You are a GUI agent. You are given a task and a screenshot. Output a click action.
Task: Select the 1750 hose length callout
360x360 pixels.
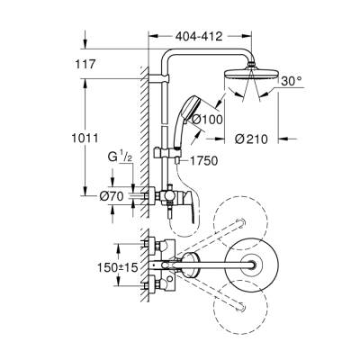[x=206, y=159]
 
